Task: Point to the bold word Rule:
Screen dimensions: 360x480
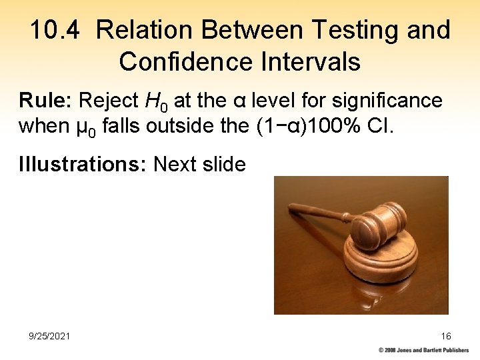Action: [46, 101]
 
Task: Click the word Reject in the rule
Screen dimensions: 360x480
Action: [109, 101]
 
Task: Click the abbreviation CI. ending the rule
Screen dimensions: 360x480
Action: [381, 126]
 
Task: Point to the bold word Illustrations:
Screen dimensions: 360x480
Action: [83, 163]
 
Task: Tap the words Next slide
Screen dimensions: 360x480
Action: [199, 163]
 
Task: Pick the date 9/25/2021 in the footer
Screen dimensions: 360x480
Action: [49, 336]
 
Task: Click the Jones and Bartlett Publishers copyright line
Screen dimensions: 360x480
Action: [423, 350]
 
